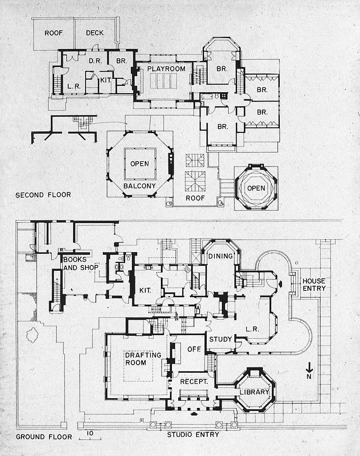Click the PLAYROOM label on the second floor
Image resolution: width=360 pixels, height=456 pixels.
tap(163, 69)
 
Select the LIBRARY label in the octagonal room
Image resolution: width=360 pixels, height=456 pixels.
tap(254, 392)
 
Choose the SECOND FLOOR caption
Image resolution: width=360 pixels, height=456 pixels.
tap(43, 195)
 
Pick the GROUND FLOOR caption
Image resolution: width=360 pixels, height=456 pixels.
tap(44, 436)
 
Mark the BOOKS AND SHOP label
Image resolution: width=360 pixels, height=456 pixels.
tap(80, 263)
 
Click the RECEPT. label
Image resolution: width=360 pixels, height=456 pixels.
tap(195, 382)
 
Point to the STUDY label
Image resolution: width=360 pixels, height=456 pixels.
tap(221, 339)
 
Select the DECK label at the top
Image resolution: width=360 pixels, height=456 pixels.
tap(94, 33)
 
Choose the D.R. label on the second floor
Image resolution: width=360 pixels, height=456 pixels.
tap(94, 61)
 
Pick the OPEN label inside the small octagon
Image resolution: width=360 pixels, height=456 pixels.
tap(256, 187)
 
